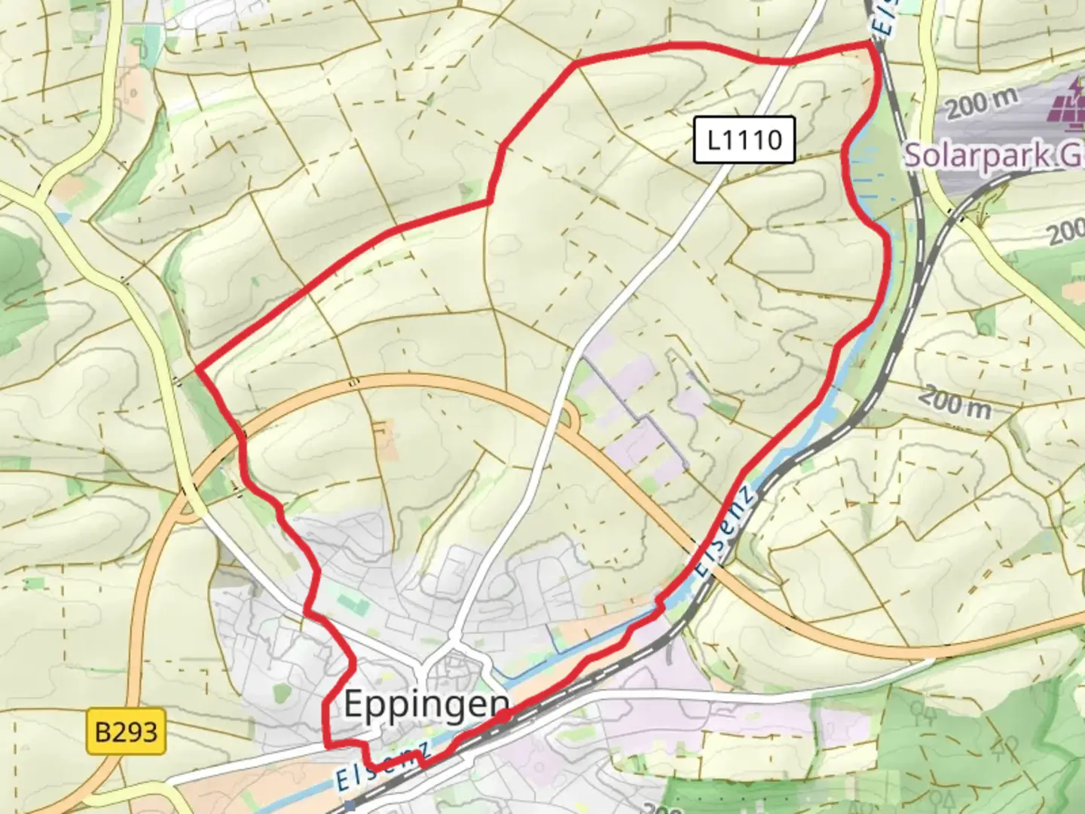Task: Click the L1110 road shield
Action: click(744, 139)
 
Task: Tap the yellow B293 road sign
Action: click(126, 730)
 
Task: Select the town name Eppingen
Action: click(426, 705)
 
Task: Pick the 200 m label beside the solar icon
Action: click(982, 103)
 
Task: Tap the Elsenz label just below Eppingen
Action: click(384, 765)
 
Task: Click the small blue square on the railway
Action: click(349, 806)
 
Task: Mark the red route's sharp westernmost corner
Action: click(197, 369)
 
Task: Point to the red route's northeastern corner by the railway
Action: click(873, 45)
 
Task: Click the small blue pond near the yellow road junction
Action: click(62, 216)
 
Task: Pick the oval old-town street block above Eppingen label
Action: click(452, 664)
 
